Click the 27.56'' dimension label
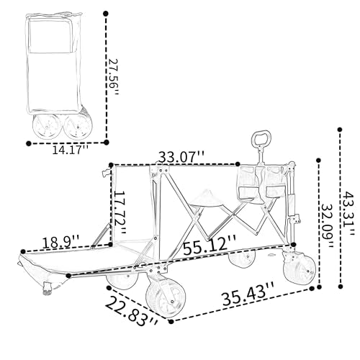click(x=113, y=77)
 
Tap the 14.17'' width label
click(x=71, y=150)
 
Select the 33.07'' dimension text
click(x=181, y=157)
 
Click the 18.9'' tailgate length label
click(x=60, y=243)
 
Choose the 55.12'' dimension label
click(x=210, y=245)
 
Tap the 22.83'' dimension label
click(x=132, y=312)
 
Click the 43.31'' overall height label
click(x=348, y=211)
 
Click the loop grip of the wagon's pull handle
click(x=261, y=138)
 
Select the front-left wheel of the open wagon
click(x=166, y=298)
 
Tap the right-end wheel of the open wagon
click(x=300, y=269)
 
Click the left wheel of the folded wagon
click(x=47, y=126)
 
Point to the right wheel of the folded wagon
click(x=78, y=127)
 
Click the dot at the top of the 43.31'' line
click(x=340, y=130)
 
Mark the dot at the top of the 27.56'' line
click(x=106, y=14)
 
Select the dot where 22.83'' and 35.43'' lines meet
click(x=171, y=322)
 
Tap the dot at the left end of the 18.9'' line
click(x=23, y=251)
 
